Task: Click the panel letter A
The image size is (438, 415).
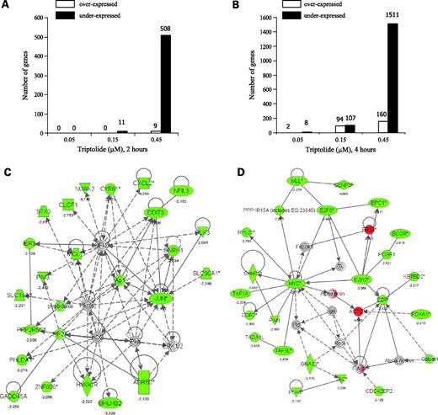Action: (8, 7)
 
